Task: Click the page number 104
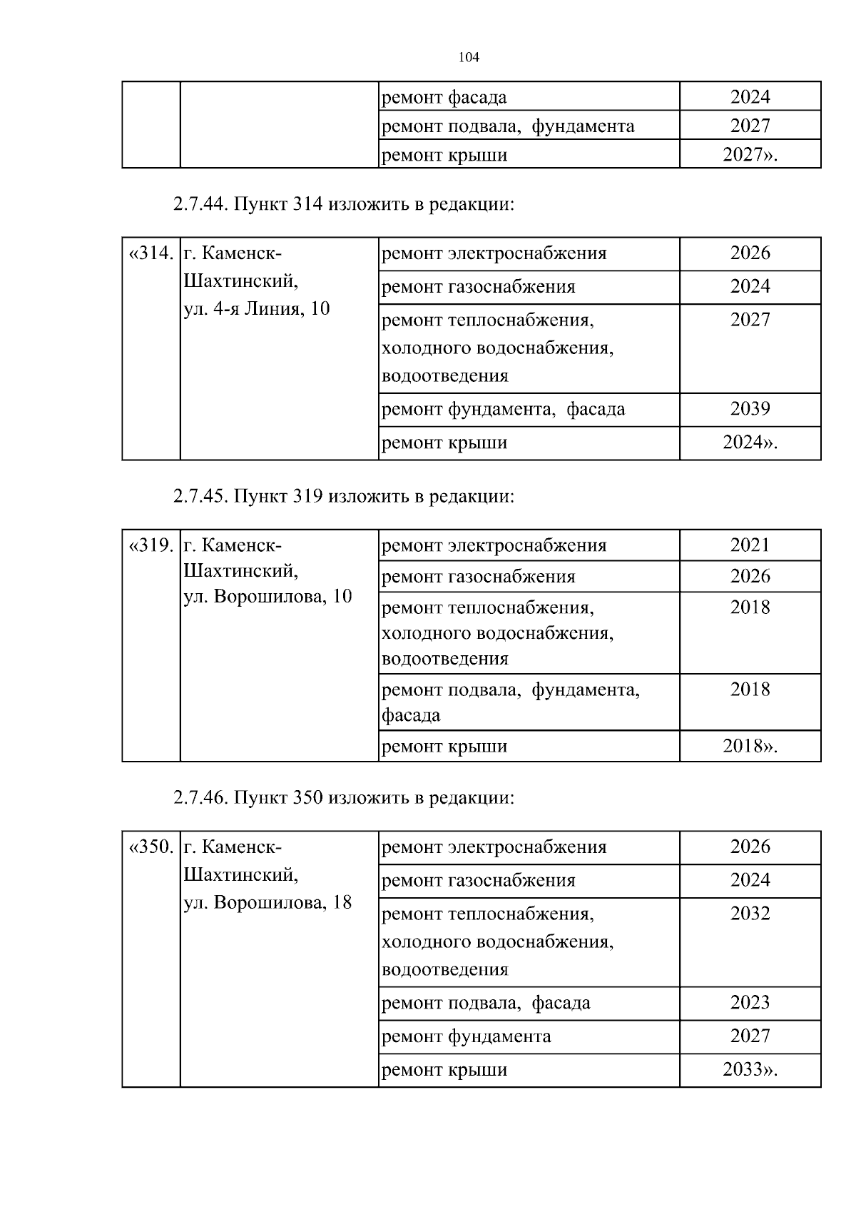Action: point(469,58)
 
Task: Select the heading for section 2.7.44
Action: point(343,204)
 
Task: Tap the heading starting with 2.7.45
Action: point(343,495)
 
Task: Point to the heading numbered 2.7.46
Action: point(343,797)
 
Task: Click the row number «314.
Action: point(151,253)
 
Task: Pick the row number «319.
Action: point(151,545)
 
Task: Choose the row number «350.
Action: point(151,847)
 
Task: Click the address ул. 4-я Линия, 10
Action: point(257,309)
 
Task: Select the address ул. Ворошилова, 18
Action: point(267,902)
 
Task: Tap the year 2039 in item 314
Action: point(750,409)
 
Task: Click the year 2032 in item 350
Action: point(750,913)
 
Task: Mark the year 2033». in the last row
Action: point(750,1069)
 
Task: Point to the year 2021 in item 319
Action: point(750,545)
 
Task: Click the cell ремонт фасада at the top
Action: point(444,97)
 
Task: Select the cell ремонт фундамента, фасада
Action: point(504,409)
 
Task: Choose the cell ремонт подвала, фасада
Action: point(486,1003)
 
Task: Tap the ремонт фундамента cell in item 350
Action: point(467,1036)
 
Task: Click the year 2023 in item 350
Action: point(750,1003)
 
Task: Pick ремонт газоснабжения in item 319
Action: point(479,577)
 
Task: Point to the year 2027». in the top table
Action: point(750,155)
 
